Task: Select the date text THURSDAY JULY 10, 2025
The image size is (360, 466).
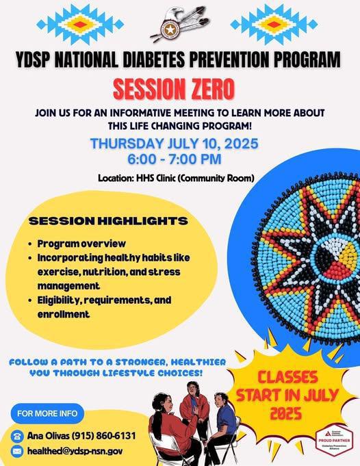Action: pos(180,144)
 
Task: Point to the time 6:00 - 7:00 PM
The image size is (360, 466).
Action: pos(179,160)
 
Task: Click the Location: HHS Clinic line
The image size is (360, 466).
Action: pos(176,179)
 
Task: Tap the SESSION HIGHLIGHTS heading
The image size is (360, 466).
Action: pos(108,221)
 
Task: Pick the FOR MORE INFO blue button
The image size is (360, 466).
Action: pos(47,413)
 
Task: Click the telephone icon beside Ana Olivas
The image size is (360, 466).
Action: pos(17,436)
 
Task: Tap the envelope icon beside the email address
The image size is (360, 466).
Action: pos(17,452)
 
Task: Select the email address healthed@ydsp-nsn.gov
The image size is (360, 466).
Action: pos(75,452)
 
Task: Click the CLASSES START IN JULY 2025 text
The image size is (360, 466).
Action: pos(268,395)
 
